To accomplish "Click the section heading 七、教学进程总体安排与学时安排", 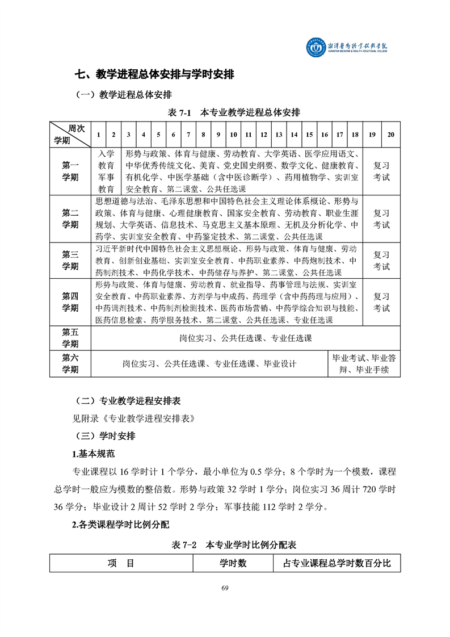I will point(155,74).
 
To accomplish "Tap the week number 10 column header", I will point(233,135).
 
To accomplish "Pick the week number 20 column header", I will point(390,135).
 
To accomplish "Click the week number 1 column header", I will point(99,135).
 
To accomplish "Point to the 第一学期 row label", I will point(70,171).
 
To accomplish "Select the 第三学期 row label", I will point(70,260).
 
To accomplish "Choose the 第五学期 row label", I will point(70,338).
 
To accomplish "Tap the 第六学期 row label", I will point(70,364).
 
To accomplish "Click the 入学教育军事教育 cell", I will point(106,171).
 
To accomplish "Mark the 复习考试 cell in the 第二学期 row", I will point(381,219).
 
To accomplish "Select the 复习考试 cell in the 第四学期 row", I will point(381,302).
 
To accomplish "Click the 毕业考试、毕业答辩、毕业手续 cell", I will point(364,364).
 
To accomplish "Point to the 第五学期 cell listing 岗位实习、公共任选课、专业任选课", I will point(245,338).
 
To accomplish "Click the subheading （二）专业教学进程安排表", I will point(128,401).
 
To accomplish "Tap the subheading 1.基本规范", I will point(94,454).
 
